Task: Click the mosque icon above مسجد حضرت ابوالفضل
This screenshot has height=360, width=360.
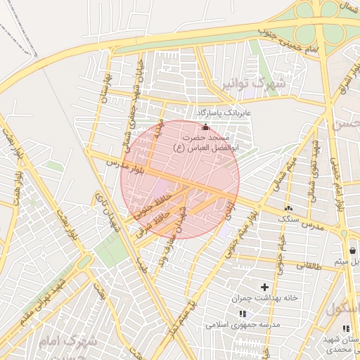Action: point(205,127)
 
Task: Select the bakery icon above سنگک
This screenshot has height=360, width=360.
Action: point(288,208)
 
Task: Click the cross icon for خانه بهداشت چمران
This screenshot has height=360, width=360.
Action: point(264,287)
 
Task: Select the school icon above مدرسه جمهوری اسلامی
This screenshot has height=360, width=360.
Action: point(243,314)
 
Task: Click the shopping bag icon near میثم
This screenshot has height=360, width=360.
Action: point(352,250)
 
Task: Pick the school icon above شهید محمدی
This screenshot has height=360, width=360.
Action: point(345,328)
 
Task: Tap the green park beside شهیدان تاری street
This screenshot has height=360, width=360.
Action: point(110,247)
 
